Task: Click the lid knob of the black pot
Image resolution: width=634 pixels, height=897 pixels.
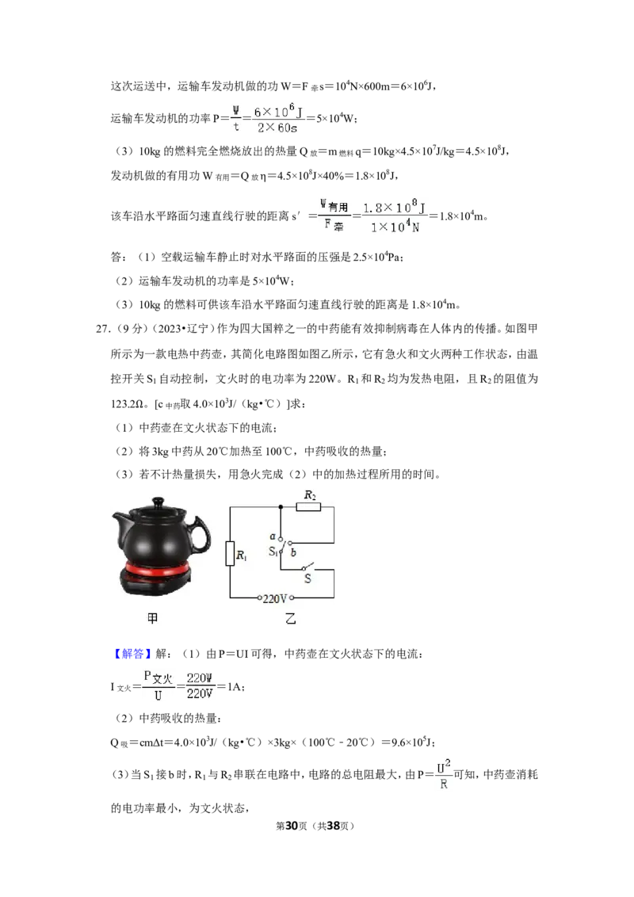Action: (155, 502)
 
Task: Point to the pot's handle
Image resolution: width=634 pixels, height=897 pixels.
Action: (200, 536)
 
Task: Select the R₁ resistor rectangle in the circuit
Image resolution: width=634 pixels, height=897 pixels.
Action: (230, 553)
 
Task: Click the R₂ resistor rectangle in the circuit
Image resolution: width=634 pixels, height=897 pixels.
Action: (308, 507)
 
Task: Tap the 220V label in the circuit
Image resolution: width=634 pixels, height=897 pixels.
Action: (275, 598)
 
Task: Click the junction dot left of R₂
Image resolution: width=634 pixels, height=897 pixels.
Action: (281, 507)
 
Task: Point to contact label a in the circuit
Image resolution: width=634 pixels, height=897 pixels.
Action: (273, 536)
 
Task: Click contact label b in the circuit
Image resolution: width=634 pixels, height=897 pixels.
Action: (293, 552)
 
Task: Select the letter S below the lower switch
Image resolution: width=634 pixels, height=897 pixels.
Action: (307, 579)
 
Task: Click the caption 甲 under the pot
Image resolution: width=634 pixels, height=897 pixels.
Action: (152, 618)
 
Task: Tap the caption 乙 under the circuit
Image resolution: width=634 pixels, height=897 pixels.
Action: (291, 618)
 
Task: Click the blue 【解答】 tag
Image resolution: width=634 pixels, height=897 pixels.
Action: (130, 653)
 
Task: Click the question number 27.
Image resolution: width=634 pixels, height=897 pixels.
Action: (102, 328)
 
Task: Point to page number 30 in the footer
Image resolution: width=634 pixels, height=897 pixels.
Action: (292, 826)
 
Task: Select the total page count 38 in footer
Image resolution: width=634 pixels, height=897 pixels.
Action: (333, 826)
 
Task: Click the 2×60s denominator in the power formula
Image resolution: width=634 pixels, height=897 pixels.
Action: (277, 128)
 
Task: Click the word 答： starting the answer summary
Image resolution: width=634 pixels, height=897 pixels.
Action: (118, 257)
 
